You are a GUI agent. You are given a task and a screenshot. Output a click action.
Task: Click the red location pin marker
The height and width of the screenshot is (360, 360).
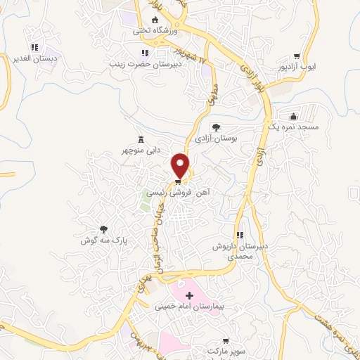(x=181, y=166)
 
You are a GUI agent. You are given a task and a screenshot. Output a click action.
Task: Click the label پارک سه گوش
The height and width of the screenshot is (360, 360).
(x=104, y=239)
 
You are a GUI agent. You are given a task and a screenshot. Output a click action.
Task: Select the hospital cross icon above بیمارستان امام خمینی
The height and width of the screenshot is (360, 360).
(x=188, y=295)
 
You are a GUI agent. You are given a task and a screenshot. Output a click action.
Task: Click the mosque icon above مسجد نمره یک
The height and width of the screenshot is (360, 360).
(x=293, y=116)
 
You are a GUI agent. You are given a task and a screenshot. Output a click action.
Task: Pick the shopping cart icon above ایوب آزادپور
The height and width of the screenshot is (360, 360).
(x=297, y=57)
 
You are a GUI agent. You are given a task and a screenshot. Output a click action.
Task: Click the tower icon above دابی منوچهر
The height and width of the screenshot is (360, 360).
(x=141, y=139)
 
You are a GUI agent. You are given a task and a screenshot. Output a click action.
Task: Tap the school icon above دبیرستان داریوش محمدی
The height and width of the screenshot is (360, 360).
(x=240, y=235)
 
